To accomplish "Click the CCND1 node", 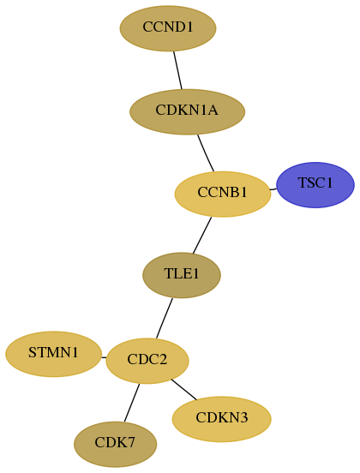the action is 168,28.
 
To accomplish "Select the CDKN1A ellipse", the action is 187,111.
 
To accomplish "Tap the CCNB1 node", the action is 223,194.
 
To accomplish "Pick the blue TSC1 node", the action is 315,184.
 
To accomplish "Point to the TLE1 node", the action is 182,275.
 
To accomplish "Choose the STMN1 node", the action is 53,354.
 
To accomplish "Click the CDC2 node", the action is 147,361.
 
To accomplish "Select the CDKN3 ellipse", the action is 221,419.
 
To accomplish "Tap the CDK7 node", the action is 115,444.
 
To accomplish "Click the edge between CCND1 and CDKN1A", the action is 177,70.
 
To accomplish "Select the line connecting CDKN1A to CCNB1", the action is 206,153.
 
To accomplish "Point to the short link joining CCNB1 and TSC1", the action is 273,189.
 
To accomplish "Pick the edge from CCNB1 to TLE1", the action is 202,236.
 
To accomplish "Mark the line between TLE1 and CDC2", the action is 165,318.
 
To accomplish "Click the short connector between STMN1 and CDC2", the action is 104,357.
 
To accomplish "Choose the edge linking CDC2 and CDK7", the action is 131,403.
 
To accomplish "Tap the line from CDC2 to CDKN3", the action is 183,389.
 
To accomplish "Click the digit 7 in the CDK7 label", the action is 130,442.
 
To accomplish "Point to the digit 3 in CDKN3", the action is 243,417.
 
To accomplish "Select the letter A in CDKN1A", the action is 213,110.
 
